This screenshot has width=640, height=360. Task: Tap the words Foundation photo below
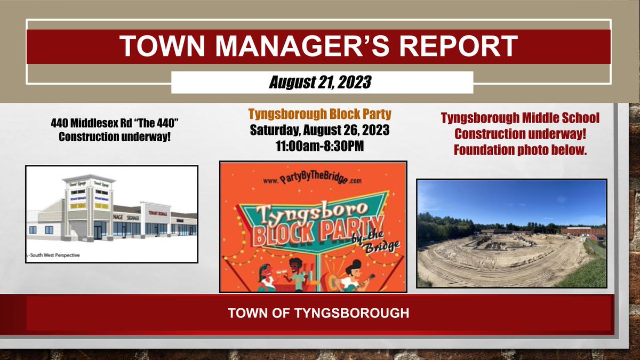520,150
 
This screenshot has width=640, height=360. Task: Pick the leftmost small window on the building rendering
33,229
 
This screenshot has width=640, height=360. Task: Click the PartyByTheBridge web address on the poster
312,181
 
